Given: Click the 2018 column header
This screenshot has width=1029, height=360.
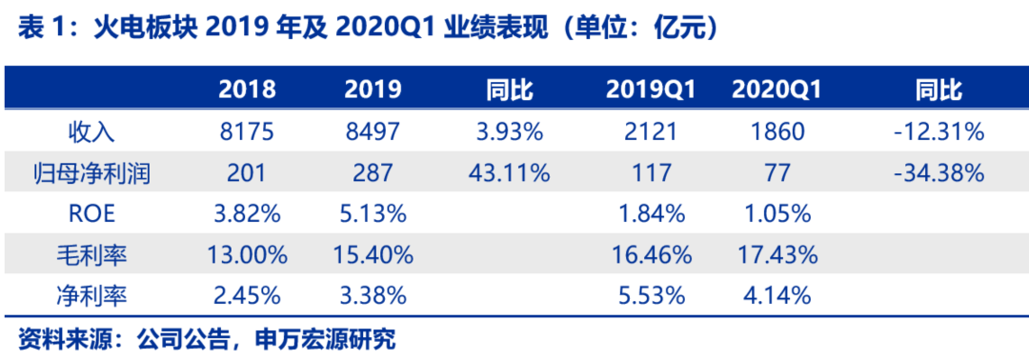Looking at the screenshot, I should [x=247, y=90].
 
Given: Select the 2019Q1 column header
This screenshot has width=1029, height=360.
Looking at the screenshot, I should [x=651, y=90].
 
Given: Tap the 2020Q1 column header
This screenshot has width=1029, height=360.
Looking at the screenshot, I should [x=777, y=90].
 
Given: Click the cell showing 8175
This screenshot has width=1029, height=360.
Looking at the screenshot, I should [x=247, y=132].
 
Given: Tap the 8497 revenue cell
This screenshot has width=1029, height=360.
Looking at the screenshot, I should [x=373, y=132].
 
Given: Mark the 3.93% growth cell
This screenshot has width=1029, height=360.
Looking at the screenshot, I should [x=509, y=132].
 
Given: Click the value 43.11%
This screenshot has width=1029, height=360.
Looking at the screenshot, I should [x=509, y=173].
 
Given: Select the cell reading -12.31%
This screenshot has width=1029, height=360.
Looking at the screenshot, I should [x=938, y=132].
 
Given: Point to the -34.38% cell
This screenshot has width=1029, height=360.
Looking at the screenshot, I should [x=938, y=173].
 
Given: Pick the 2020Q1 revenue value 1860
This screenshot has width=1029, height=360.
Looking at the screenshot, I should [x=777, y=132].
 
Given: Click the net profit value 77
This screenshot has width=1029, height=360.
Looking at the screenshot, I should [x=777, y=173].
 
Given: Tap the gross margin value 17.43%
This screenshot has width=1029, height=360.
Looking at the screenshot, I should [x=777, y=255].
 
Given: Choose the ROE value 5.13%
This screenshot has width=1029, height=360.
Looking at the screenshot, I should [x=373, y=214].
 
